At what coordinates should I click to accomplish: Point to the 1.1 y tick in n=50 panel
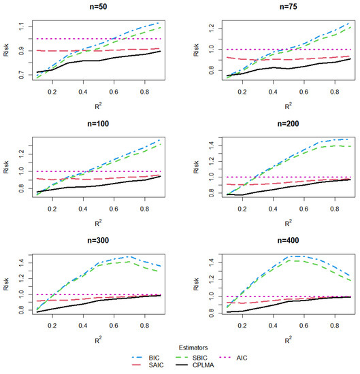[x=22, y=26]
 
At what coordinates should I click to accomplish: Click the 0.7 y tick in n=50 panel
[x=22, y=75]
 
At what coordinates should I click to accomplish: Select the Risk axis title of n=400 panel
[x=191, y=286]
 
